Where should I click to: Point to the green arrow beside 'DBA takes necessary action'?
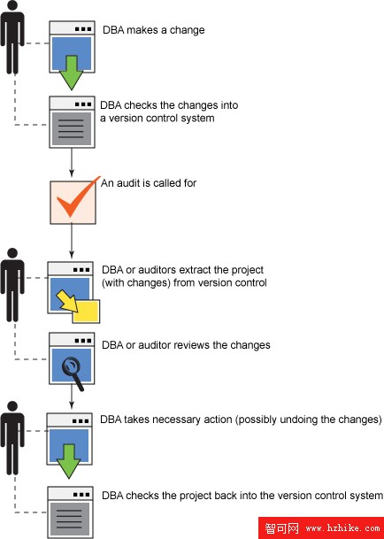tap(69, 461)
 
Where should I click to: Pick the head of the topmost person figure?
tap(12, 5)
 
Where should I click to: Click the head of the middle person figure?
tap(12, 253)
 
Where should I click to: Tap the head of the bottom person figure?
tap(12, 406)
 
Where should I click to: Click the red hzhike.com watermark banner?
tap(321, 527)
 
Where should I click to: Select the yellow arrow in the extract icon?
tap(67, 301)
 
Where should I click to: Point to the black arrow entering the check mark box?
tap(72, 163)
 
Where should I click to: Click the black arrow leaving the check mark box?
tap(72, 241)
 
